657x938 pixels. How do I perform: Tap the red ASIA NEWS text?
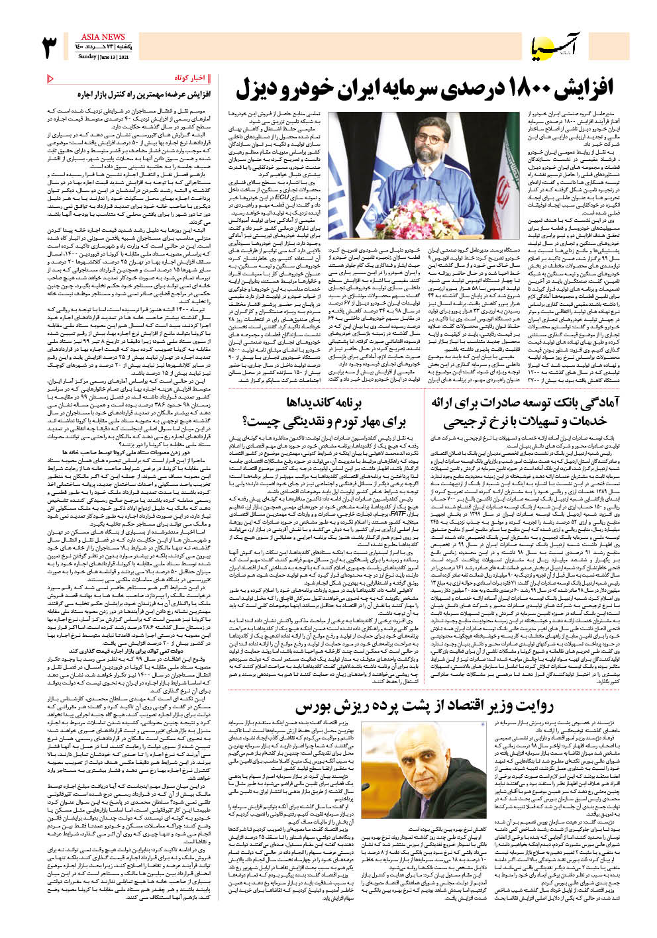(103, 37)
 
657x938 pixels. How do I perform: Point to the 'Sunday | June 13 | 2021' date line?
(103, 57)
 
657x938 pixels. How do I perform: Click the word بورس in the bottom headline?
(311, 707)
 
